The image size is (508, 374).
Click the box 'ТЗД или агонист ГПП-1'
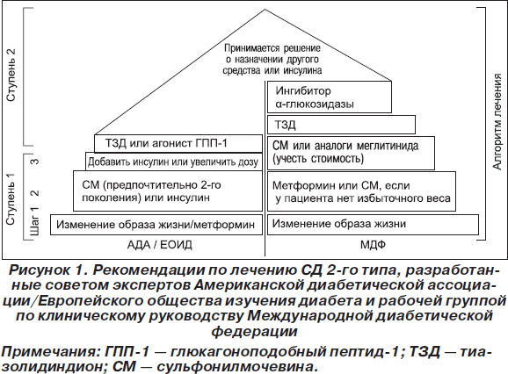click(178, 143)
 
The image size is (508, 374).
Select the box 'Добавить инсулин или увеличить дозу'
click(174, 162)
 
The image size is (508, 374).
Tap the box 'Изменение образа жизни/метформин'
click(156, 224)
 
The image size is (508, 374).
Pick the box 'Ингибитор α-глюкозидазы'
click(330, 97)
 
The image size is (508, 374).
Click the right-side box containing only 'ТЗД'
click(341, 125)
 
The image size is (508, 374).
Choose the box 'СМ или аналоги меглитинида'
click(351, 153)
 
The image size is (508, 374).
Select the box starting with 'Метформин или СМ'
click(361, 191)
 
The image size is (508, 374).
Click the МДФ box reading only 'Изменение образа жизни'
click(373, 224)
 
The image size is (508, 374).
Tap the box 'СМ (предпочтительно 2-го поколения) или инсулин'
click(168, 191)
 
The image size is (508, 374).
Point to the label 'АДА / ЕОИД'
click(160, 245)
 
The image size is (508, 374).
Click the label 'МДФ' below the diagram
click(373, 245)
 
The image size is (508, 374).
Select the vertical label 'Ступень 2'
click(11, 75)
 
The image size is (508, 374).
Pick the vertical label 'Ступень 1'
click(11, 199)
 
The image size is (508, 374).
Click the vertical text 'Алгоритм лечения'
click(497, 121)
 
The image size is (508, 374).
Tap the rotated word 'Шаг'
click(34, 226)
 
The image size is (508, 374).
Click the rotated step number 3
click(34, 161)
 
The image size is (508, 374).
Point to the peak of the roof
click(265, 10)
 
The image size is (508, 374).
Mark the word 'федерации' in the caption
click(254, 332)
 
